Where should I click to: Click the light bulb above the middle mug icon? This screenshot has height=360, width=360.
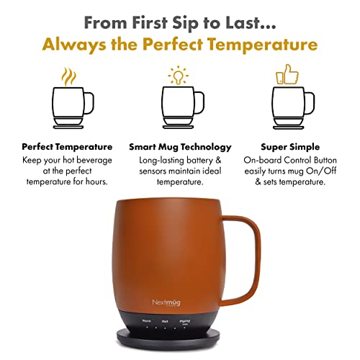pos(176,75)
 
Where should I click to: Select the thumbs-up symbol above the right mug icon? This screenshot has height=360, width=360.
pos(287,75)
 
